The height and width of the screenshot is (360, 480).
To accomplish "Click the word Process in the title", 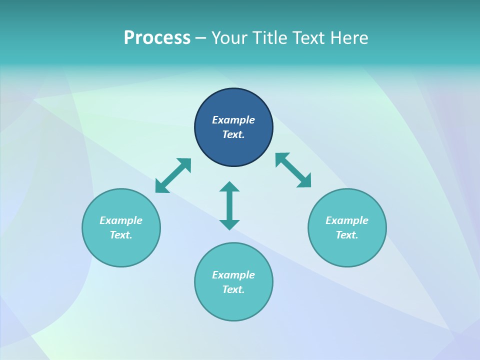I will click(157, 38).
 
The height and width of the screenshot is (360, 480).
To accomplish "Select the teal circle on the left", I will click(121, 250).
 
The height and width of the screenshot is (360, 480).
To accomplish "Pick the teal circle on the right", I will click(347, 250).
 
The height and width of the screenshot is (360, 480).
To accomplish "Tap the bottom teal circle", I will click(233, 305).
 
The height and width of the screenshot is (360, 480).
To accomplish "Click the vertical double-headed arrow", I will click(229, 205).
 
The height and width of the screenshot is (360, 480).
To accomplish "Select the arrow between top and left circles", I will click(173, 175).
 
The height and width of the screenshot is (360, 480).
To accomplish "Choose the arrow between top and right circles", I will click(293, 170).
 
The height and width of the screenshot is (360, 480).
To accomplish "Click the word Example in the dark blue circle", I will click(233, 120).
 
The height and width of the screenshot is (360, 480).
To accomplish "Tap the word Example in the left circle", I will click(121, 220).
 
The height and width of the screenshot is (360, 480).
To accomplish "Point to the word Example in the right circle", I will click(347, 220).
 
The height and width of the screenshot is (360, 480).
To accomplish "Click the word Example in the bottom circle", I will click(233, 275).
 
